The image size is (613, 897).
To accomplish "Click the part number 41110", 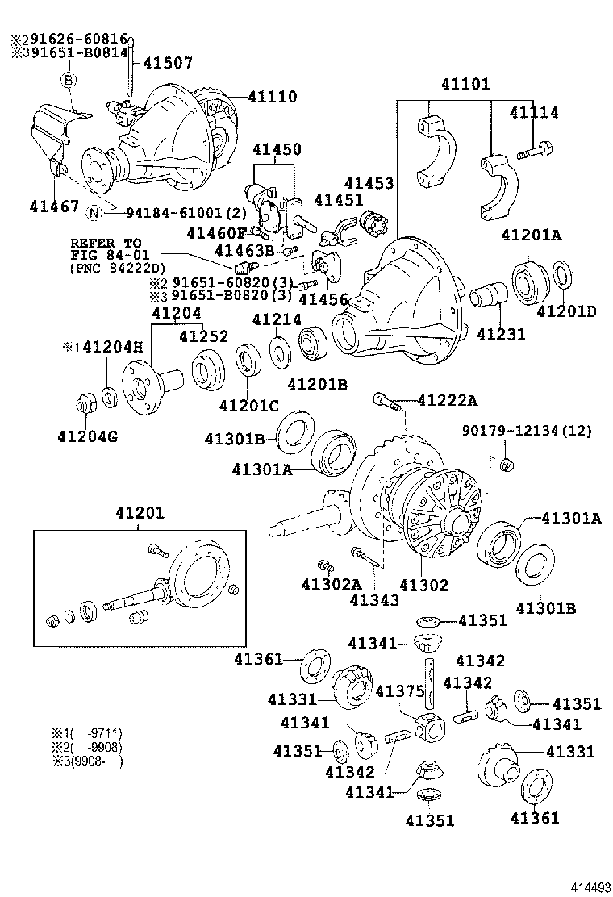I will coord(272,98).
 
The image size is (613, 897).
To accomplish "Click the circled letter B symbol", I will coord(69,80).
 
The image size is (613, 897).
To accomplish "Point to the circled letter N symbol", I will coord(95,213).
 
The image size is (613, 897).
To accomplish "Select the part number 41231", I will coord(500,334).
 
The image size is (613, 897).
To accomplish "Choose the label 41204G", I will coord(87,437).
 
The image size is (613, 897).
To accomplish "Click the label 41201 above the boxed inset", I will coord(139,513).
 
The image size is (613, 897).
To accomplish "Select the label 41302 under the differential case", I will coord(423,585).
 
